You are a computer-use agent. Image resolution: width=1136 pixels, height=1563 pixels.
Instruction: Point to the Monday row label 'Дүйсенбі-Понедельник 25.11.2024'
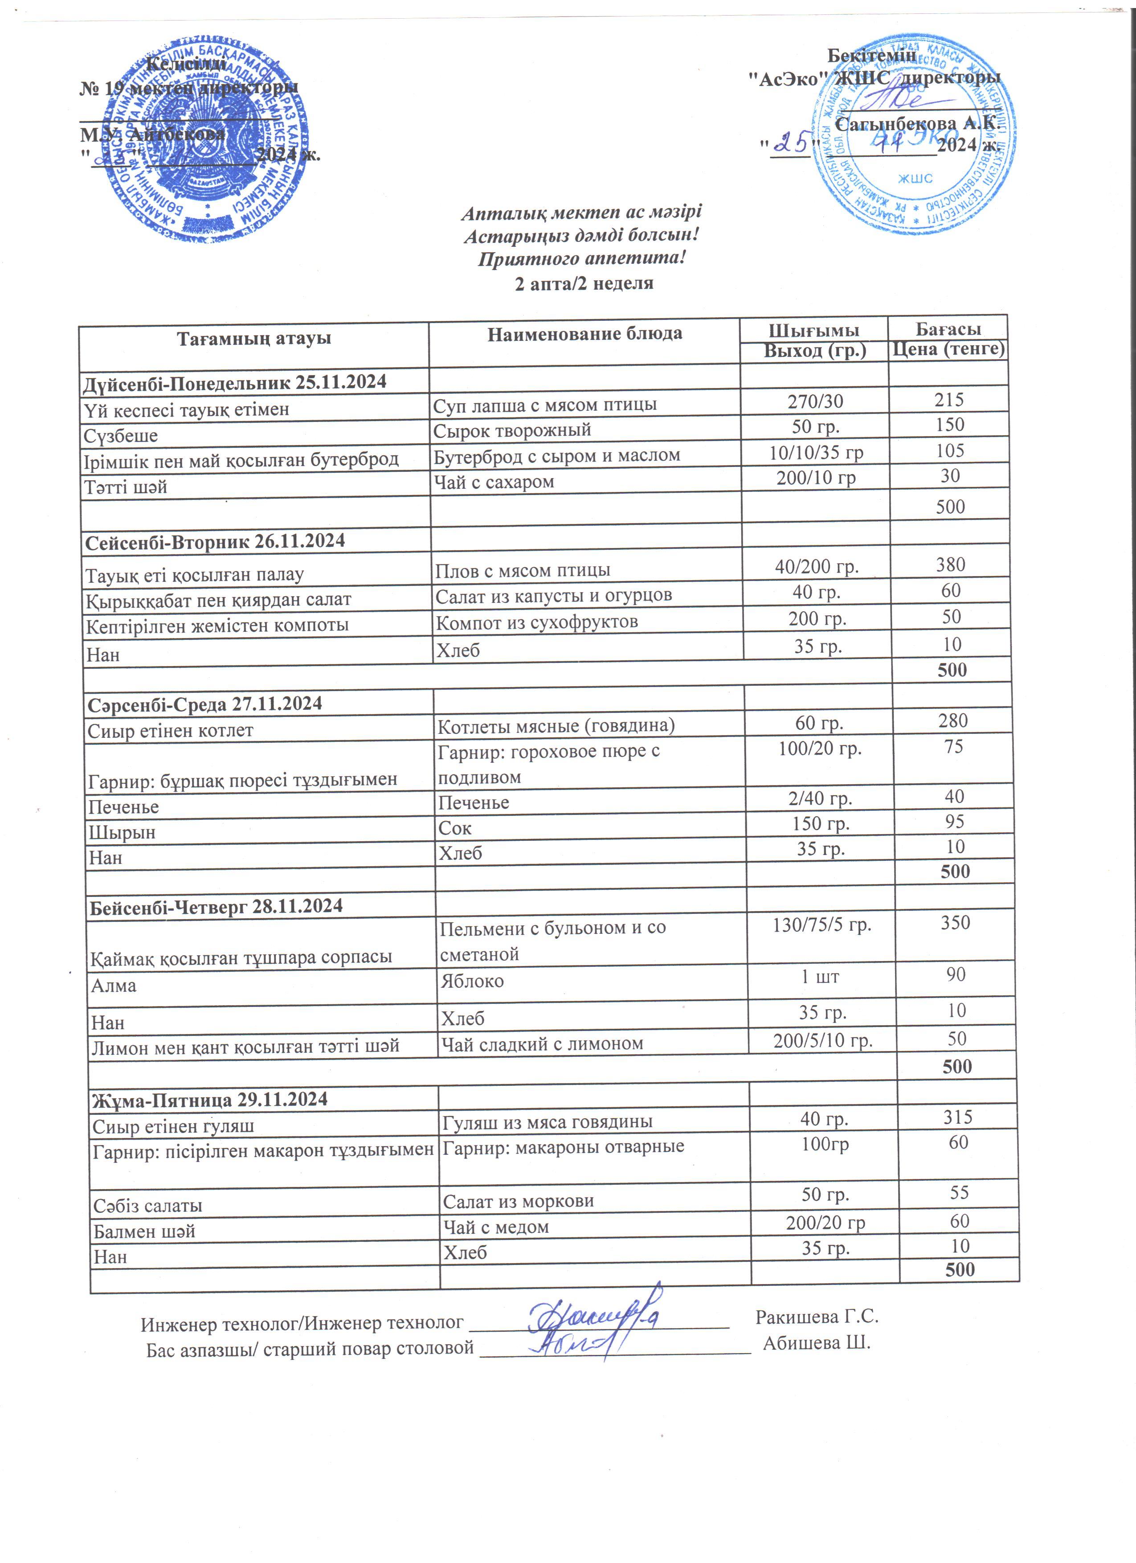[235, 382]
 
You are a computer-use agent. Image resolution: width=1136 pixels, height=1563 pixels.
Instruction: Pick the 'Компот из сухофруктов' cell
[537, 622]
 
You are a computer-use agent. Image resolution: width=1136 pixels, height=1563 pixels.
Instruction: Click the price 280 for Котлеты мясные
[953, 721]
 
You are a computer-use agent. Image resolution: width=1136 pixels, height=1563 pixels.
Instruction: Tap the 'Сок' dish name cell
[455, 828]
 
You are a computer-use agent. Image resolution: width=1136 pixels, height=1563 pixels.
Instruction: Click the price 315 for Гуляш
[957, 1117]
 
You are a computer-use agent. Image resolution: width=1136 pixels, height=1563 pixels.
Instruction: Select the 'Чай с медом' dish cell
[495, 1227]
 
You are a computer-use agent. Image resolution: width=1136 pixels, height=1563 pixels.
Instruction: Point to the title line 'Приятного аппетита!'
[582, 259]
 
